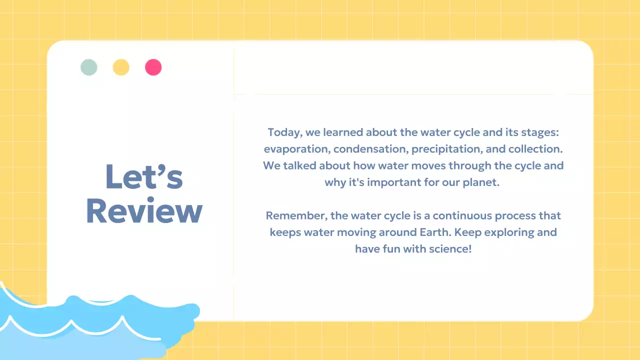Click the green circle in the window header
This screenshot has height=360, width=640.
(x=89, y=67)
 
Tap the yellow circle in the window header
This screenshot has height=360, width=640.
(x=121, y=67)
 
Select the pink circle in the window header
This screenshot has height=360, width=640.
(x=153, y=67)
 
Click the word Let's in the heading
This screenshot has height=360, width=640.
(x=144, y=176)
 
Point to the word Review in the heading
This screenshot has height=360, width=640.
(x=144, y=211)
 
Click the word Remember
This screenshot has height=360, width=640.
(x=296, y=215)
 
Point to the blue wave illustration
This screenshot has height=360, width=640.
(x=90, y=325)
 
